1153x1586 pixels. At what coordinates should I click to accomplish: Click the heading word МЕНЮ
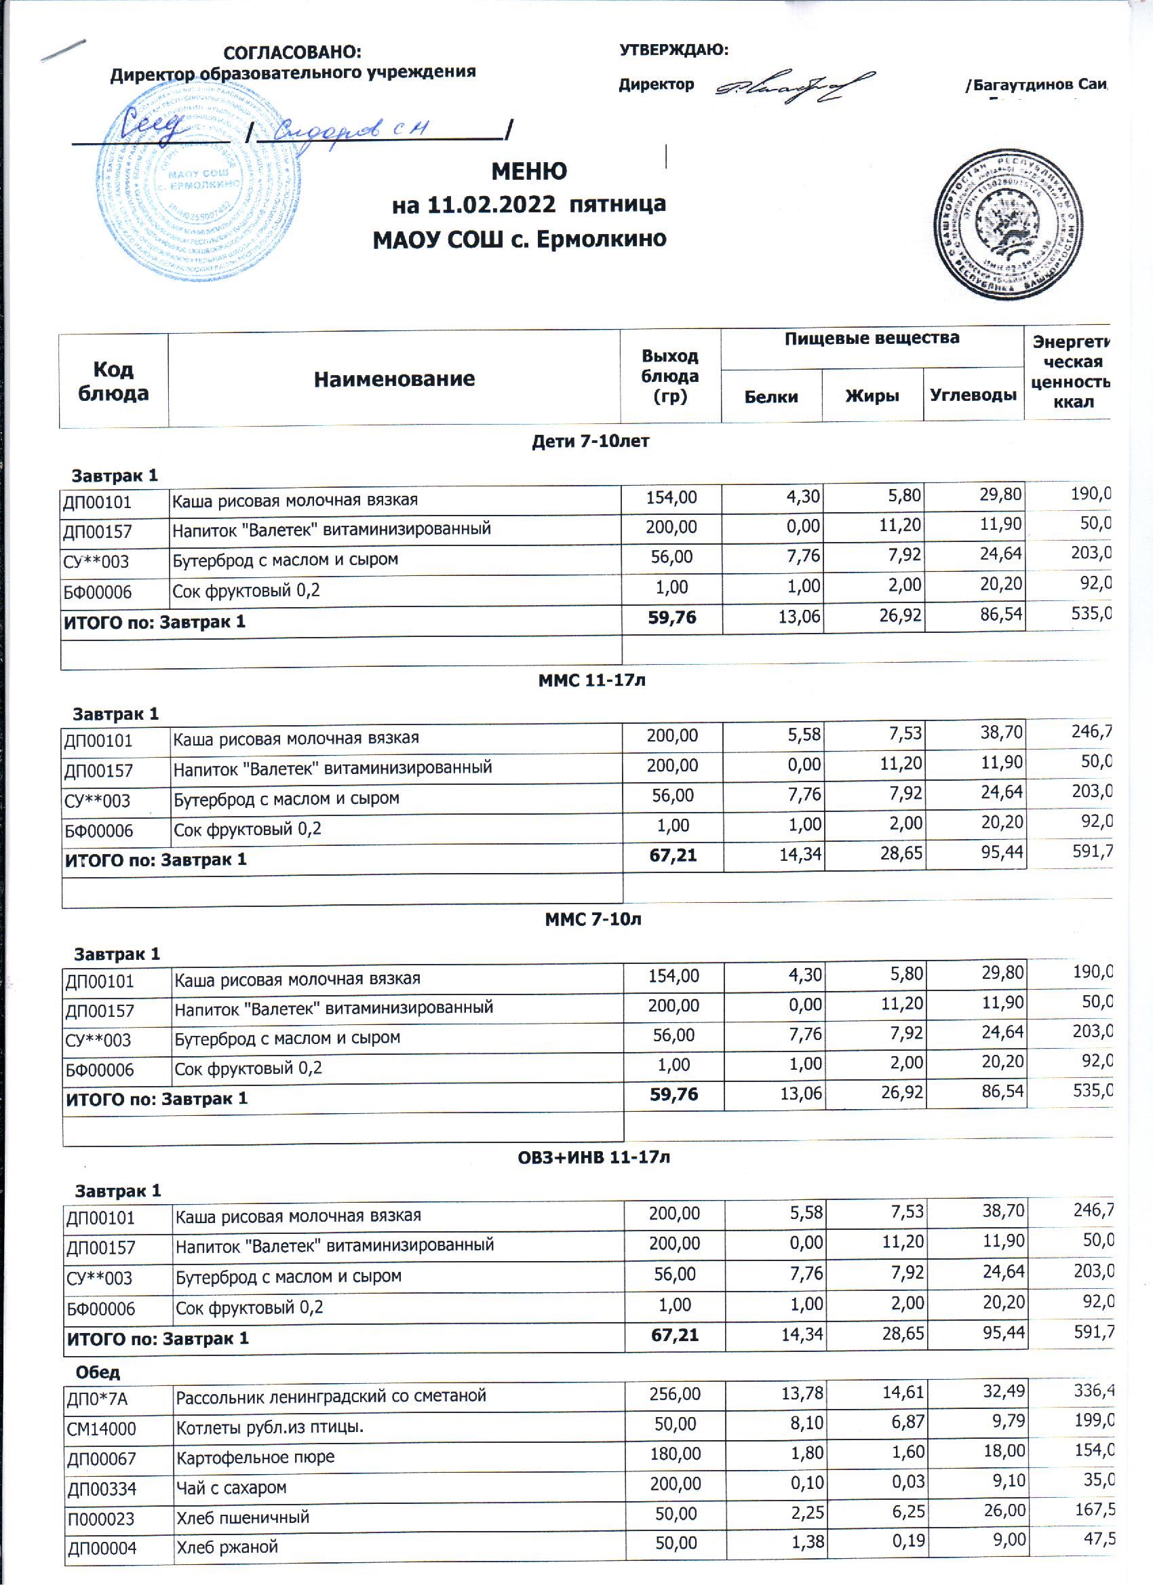(x=528, y=172)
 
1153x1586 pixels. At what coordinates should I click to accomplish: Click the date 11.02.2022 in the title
(x=492, y=205)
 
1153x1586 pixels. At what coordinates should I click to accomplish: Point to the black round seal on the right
(x=1009, y=225)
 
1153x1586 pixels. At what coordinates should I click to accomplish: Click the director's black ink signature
(x=793, y=88)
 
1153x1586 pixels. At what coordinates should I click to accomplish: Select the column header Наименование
(x=393, y=379)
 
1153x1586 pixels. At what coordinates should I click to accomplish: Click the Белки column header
(x=770, y=396)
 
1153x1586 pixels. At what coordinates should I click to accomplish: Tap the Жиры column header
(x=872, y=396)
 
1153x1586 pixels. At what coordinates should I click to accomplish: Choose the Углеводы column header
(x=973, y=395)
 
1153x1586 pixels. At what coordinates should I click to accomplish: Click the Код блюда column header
(x=113, y=381)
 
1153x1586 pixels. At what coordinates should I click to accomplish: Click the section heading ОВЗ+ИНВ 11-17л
(x=593, y=1157)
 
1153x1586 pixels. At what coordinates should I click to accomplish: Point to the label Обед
(x=98, y=1372)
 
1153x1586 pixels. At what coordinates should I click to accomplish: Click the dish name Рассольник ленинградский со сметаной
(x=331, y=1397)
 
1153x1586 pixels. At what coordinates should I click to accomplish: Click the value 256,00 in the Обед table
(x=674, y=1394)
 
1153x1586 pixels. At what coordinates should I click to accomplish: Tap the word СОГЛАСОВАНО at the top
(x=292, y=52)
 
